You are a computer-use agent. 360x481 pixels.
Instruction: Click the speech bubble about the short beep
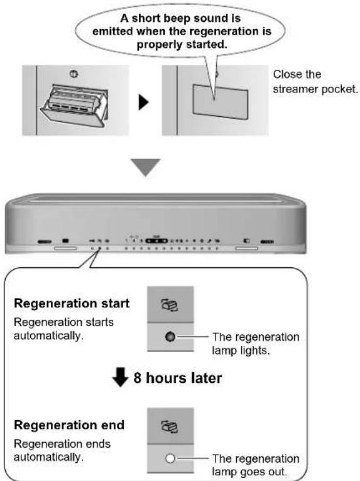tap(180, 31)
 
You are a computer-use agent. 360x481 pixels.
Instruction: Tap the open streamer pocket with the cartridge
tap(74, 105)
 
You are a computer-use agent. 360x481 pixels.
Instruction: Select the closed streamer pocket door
tap(220, 101)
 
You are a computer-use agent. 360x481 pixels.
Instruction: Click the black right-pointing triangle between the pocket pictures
tap(143, 102)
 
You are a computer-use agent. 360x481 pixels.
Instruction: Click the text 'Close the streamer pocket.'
tap(315, 82)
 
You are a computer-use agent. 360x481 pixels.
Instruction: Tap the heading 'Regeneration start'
tap(72, 304)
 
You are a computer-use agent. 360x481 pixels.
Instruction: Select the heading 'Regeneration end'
tap(69, 425)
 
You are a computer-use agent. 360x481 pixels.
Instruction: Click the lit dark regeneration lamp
tap(170, 336)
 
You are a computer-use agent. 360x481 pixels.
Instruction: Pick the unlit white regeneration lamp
tap(170, 458)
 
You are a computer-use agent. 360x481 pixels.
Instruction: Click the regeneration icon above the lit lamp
tap(170, 305)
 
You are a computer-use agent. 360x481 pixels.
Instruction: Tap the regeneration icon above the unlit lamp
tap(170, 427)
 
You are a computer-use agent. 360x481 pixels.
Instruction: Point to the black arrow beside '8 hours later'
tap(120, 377)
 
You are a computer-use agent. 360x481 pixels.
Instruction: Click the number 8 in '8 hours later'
tap(138, 378)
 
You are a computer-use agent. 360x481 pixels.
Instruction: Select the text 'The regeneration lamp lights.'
tap(256, 343)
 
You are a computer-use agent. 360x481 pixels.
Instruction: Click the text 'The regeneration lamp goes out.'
tap(256, 465)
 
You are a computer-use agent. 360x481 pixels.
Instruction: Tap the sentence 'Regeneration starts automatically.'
tap(64, 329)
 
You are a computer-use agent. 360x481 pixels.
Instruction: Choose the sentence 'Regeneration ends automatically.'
tap(62, 450)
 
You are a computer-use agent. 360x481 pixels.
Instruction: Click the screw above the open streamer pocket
tap(74, 74)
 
